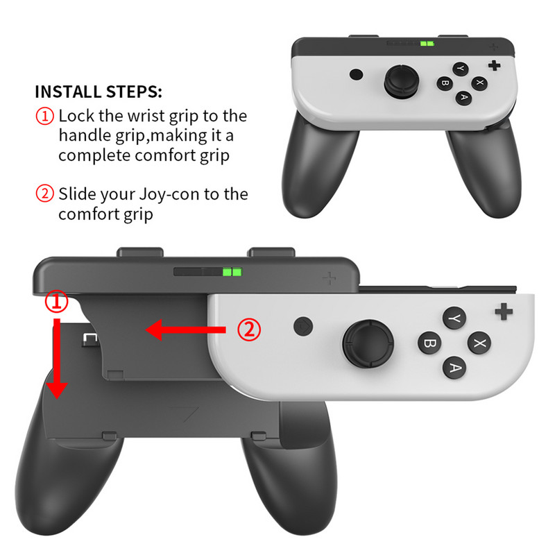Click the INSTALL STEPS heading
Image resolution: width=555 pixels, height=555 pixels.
[99, 92]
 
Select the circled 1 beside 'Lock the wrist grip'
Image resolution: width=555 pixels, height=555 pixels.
[44, 116]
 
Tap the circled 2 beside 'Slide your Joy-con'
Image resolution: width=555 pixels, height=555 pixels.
[44, 194]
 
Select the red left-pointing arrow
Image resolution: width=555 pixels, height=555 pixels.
[184, 330]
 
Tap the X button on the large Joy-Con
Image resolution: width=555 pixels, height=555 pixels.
[478, 342]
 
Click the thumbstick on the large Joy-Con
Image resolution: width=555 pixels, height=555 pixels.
[366, 343]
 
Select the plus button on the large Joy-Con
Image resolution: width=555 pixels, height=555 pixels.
[504, 311]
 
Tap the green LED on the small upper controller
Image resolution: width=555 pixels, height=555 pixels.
[427, 44]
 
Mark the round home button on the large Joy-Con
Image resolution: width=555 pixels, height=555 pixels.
[302, 325]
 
